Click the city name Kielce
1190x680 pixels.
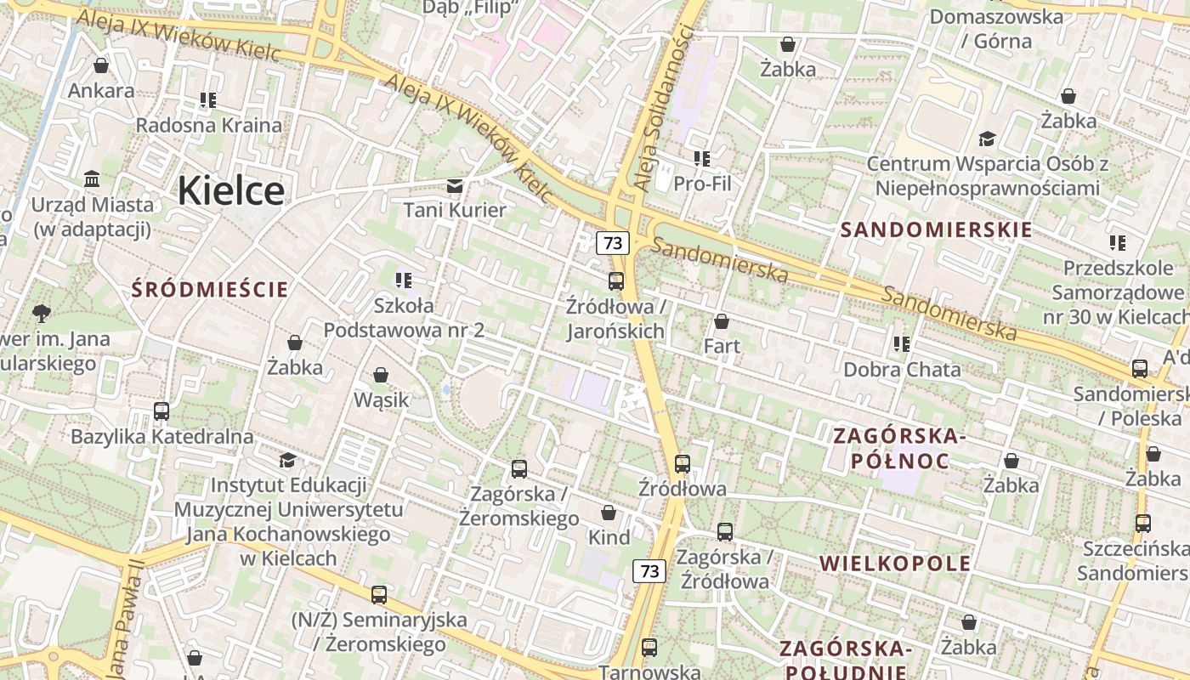tap(230, 190)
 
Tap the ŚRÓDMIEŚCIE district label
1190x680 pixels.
tap(210, 289)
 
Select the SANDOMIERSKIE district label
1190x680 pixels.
tap(936, 229)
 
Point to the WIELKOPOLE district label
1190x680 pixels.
tap(895, 563)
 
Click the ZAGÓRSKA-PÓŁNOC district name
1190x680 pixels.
tap(900, 448)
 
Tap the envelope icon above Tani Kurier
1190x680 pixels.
tap(455, 185)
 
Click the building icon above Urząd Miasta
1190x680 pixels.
tap(92, 179)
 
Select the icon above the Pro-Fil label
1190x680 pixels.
tap(701, 158)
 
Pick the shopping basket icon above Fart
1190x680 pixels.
tap(722, 321)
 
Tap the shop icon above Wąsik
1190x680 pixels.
tap(381, 375)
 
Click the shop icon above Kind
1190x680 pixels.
tap(609, 513)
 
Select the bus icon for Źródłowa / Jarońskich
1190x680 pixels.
tap(616, 280)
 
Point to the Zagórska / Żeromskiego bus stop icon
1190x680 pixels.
tap(518, 468)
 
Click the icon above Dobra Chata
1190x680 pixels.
tap(901, 344)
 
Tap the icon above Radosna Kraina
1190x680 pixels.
tap(208, 100)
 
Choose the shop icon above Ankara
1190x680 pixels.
tap(101, 65)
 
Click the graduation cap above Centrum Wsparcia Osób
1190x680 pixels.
tap(987, 139)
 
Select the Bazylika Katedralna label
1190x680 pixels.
tap(161, 437)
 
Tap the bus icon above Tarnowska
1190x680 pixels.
tap(649, 648)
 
